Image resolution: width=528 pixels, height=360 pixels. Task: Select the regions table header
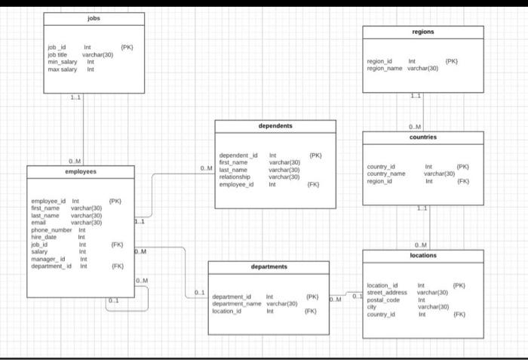(x=422, y=32)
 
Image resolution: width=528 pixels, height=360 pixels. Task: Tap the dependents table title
(x=275, y=127)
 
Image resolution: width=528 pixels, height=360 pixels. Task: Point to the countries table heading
(x=422, y=137)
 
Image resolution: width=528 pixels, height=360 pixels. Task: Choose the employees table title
(x=81, y=171)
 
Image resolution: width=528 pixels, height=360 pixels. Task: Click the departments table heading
(x=269, y=266)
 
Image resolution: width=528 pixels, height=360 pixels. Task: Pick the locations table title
(x=422, y=256)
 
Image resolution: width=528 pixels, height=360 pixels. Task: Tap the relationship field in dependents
(x=235, y=177)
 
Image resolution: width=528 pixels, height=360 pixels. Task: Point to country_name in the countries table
(x=386, y=174)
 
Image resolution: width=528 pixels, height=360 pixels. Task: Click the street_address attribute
(x=387, y=292)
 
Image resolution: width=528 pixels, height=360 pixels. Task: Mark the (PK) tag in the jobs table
(x=126, y=48)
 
